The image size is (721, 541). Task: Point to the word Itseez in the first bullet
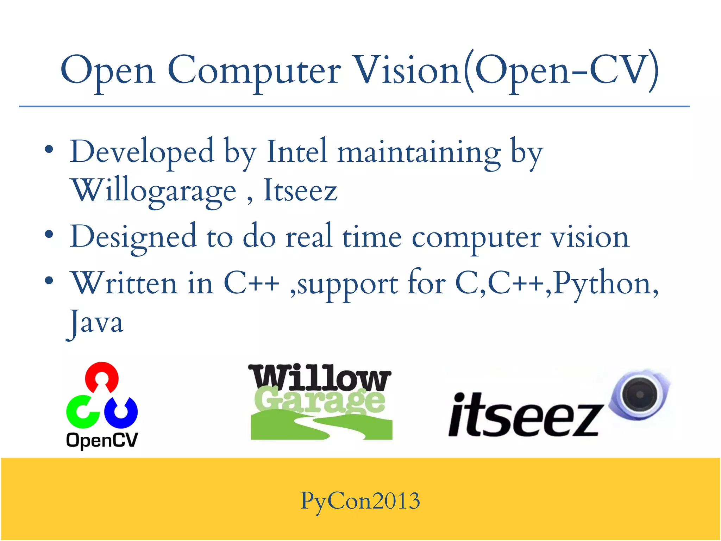300,191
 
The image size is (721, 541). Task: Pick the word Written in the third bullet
124,283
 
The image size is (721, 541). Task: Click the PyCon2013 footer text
360,500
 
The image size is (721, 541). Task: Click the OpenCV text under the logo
102,440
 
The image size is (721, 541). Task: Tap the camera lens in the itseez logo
639,394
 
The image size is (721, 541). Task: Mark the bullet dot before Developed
49,150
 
